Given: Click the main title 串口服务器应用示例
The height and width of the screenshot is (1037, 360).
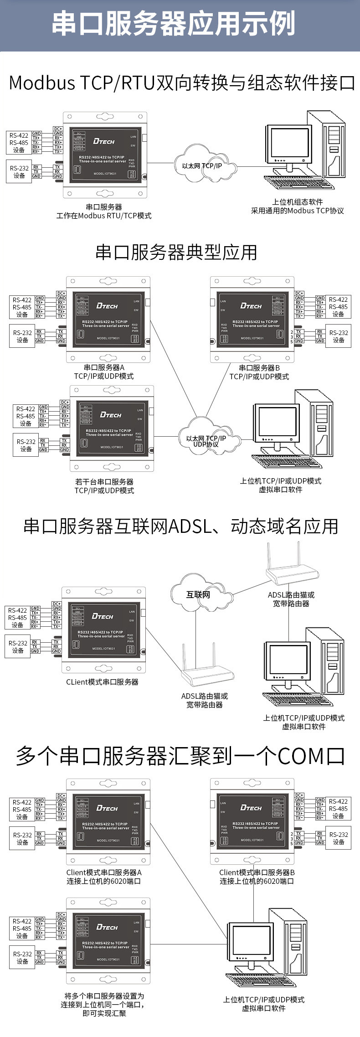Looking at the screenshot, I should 173,24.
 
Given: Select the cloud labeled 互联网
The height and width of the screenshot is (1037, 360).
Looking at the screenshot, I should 198,594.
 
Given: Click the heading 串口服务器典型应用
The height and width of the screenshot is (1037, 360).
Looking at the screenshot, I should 176,253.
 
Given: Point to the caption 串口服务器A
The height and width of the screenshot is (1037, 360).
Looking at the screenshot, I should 104,367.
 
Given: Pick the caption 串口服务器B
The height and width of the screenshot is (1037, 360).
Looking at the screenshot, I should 259,368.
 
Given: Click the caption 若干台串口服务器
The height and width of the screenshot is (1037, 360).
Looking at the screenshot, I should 104,482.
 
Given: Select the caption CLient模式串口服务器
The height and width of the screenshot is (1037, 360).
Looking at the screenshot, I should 102,682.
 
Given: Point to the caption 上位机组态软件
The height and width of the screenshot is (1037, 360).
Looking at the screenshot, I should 298,202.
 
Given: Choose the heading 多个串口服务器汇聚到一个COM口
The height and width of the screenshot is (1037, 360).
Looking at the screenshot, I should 180,756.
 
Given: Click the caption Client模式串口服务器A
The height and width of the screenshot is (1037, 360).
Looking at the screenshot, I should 104,872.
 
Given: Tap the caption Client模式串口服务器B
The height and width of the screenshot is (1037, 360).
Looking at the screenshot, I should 257,872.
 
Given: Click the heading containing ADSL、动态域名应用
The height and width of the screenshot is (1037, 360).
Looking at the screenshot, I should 180,526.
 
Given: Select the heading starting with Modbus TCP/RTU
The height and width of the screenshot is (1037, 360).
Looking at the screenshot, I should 181,83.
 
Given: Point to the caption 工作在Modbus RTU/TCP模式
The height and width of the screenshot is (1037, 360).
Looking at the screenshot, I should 104,216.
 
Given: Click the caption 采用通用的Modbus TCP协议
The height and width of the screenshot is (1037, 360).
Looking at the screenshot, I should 298,211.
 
